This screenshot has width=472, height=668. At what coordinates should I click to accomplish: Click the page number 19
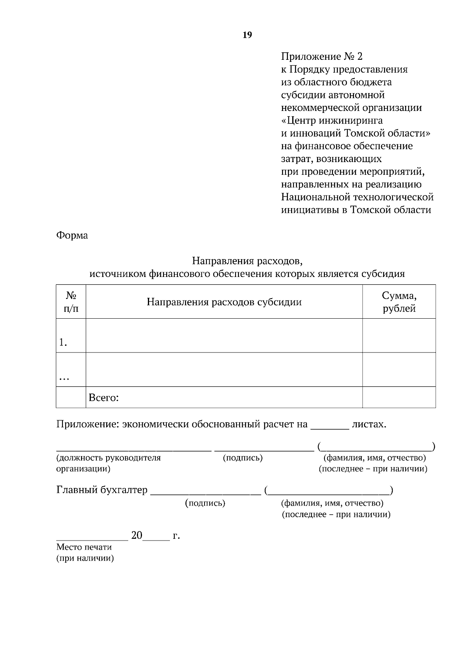click(x=247, y=35)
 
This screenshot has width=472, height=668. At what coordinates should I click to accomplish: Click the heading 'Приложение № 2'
click(x=321, y=57)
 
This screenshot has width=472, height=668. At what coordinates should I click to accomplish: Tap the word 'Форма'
click(x=72, y=236)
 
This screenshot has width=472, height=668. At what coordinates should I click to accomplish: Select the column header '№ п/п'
click(x=71, y=302)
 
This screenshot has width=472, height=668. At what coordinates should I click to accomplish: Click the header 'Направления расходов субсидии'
click(x=224, y=302)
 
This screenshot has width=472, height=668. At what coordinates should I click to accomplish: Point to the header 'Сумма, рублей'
click(x=399, y=302)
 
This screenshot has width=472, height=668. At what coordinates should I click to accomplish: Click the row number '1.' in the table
click(x=63, y=343)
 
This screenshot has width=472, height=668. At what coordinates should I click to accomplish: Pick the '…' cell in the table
click(x=64, y=378)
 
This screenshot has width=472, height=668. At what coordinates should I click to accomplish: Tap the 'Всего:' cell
click(x=104, y=398)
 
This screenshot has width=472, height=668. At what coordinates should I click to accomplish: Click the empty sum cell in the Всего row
click(x=399, y=397)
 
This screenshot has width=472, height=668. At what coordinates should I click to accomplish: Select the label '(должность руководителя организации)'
click(x=108, y=463)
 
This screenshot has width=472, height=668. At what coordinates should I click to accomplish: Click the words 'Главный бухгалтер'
click(x=102, y=490)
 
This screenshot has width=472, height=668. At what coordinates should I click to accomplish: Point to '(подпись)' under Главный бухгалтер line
click(x=205, y=503)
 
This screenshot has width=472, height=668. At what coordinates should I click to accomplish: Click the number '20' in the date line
click(x=136, y=535)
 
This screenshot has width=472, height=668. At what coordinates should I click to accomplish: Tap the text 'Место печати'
click(x=84, y=547)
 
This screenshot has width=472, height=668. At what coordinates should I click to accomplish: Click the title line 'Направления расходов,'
click(x=247, y=261)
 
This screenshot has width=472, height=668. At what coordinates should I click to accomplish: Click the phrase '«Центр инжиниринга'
click(x=332, y=120)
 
